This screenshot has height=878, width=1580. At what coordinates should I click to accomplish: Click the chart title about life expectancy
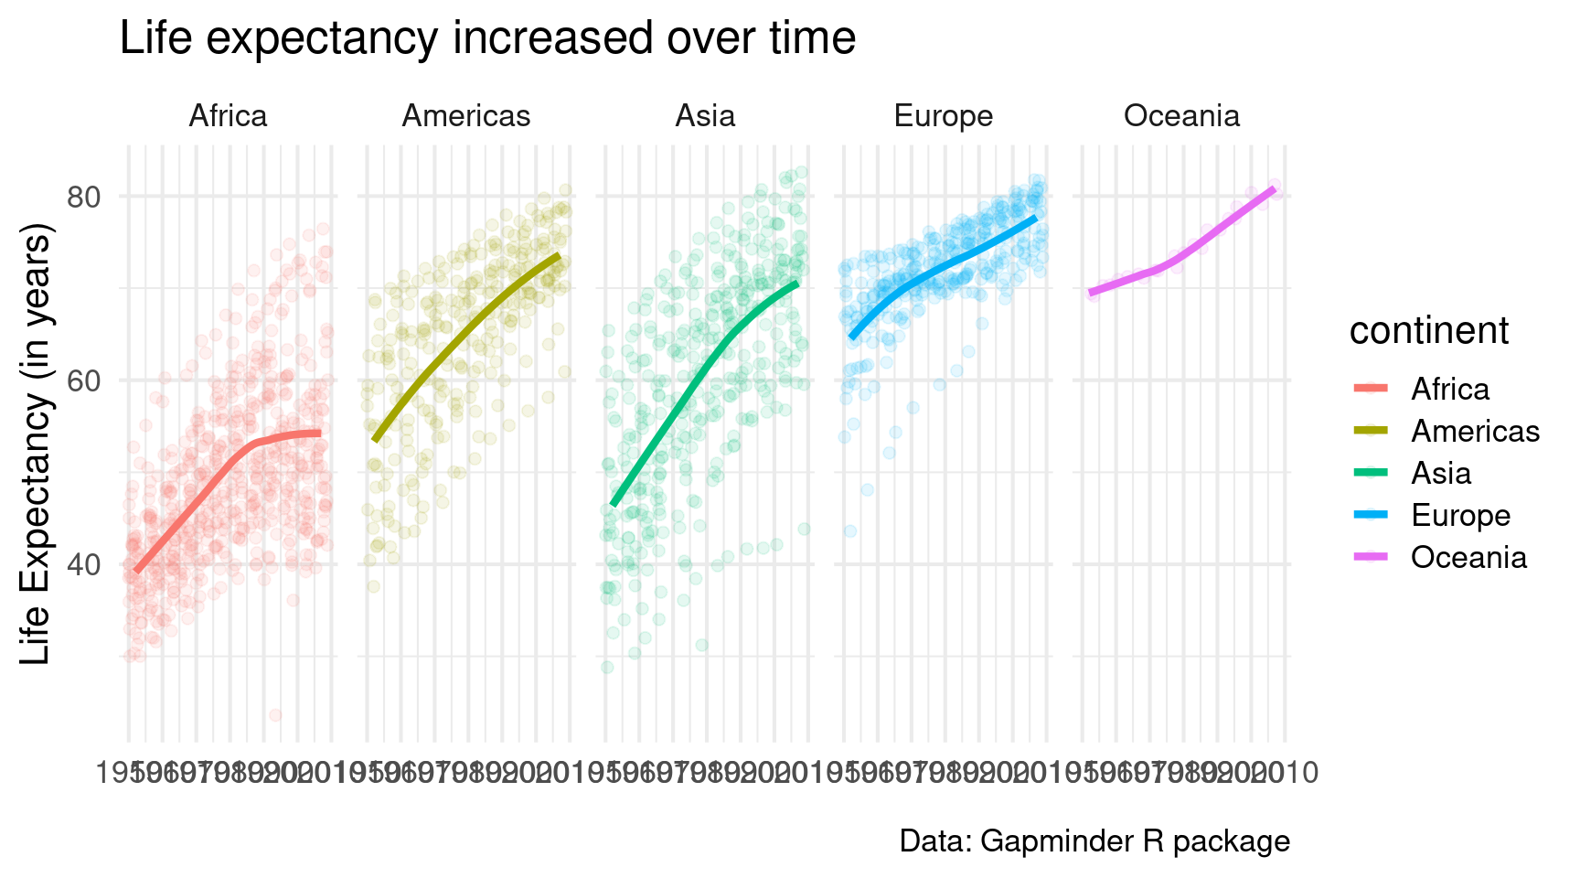487,39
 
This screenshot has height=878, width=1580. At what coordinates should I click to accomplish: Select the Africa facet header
228,116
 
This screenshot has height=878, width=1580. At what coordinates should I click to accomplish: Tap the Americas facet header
466,116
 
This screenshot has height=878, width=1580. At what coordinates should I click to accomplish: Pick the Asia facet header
705,116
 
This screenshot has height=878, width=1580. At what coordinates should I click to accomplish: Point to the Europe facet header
943,116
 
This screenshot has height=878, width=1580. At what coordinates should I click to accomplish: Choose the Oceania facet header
1181,116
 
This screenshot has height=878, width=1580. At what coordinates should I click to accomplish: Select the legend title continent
1428,331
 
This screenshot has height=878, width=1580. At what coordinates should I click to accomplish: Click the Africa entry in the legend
1449,390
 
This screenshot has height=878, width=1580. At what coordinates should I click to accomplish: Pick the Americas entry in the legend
1475,432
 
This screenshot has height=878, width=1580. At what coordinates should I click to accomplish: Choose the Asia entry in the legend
1441,474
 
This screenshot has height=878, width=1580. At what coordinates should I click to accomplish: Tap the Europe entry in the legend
1460,516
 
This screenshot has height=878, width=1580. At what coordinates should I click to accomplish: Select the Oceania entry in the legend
1468,558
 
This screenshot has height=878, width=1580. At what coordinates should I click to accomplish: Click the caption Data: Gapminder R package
1094,841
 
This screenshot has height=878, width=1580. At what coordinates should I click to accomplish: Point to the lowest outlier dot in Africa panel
275,715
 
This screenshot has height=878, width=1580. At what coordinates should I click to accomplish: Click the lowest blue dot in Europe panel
850,531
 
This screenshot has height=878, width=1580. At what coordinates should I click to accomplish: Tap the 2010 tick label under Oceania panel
1284,774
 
